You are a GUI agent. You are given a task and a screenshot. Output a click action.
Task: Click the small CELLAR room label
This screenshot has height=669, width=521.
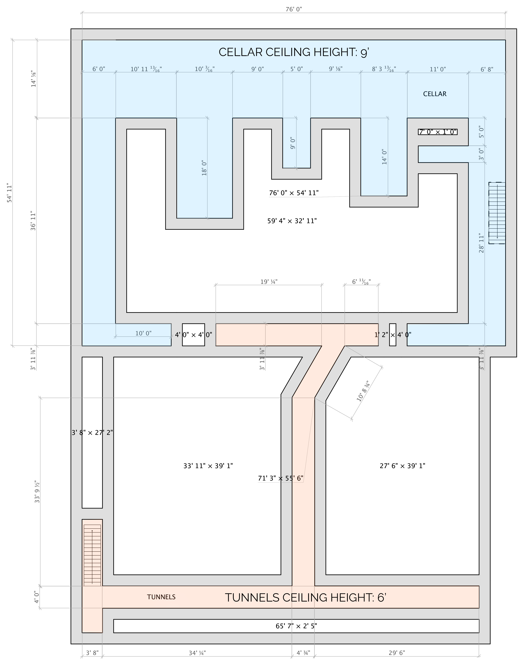pyautogui.click(x=435, y=94)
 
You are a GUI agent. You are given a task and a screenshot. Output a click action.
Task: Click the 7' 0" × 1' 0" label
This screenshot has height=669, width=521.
pyautogui.click(x=438, y=132)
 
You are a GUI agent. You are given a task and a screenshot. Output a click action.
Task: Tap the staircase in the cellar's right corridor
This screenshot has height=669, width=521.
pyautogui.click(x=497, y=213)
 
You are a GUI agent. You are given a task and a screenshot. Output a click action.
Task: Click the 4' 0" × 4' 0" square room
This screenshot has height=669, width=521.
pyautogui.click(x=193, y=335)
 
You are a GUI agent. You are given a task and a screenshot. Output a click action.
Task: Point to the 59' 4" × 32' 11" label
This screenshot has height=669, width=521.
pyautogui.click(x=292, y=221)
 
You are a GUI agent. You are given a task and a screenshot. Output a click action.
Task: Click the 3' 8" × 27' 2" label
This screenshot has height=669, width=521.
pyautogui.click(x=92, y=433)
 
